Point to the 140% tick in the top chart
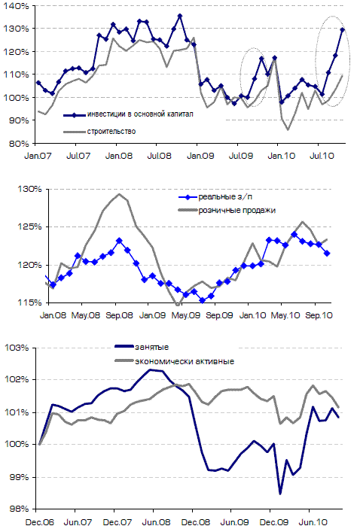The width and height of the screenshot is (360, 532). coord(16,6)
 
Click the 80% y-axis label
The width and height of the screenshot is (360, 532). coord(17,144)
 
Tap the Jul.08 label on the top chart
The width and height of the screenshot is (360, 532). coord(159,156)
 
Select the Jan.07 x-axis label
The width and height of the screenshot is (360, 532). coord(38,156)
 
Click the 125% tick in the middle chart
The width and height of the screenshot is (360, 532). coord(29,226)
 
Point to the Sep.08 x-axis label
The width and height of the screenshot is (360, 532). coord(119,315)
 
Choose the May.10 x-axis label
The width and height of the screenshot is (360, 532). coord(285,315)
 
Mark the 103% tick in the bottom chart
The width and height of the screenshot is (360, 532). coord(17,348)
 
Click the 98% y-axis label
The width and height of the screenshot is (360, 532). coord(17,509)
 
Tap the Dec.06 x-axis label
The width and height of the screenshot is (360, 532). coord(40,522)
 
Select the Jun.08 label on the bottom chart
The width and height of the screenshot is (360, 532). coord(156,522)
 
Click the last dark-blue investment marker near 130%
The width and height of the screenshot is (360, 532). coord(343,30)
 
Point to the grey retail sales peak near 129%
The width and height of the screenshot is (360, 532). coord(119,194)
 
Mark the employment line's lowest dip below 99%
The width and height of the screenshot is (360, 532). coord(280,494)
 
